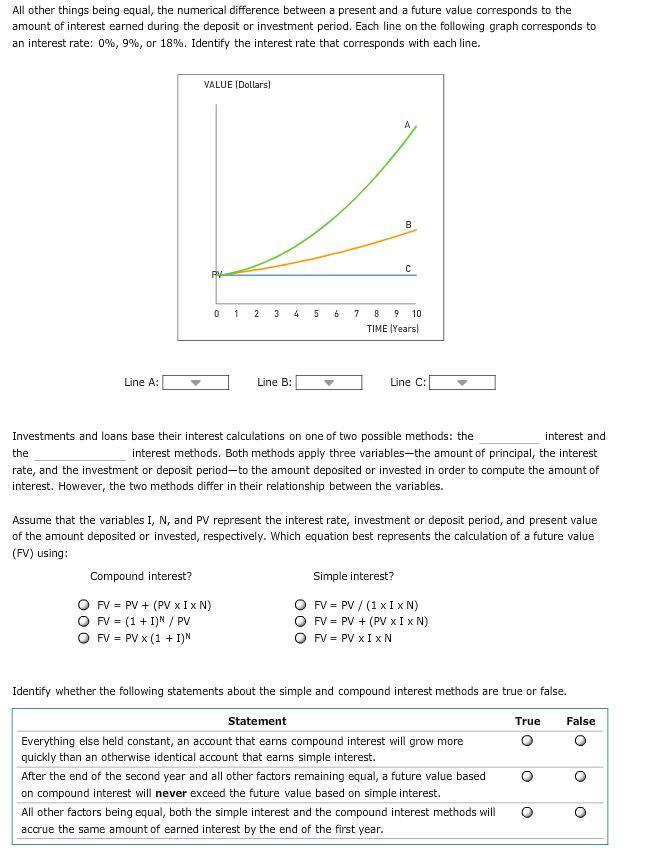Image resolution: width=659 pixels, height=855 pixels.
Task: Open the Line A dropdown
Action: [x=196, y=382]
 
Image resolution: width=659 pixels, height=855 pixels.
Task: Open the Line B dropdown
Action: [x=329, y=382]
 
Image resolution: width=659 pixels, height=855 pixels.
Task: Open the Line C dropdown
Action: [x=462, y=382]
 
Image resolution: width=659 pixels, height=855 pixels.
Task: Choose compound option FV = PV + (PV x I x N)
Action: [x=84, y=605]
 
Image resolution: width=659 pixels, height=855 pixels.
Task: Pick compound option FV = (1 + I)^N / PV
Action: [x=84, y=621]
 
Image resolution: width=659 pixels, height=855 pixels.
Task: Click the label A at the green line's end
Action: [x=407, y=125]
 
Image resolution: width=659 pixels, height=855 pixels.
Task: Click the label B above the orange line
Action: [x=408, y=223]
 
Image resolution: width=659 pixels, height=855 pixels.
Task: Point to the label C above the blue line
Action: [x=408, y=267]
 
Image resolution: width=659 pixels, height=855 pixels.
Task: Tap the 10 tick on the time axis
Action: [x=416, y=314]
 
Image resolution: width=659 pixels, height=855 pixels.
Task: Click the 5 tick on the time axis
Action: [x=316, y=314]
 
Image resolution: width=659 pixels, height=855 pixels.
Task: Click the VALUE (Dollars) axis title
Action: [x=237, y=86]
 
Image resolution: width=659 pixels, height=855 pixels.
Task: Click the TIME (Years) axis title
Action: [x=393, y=328]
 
